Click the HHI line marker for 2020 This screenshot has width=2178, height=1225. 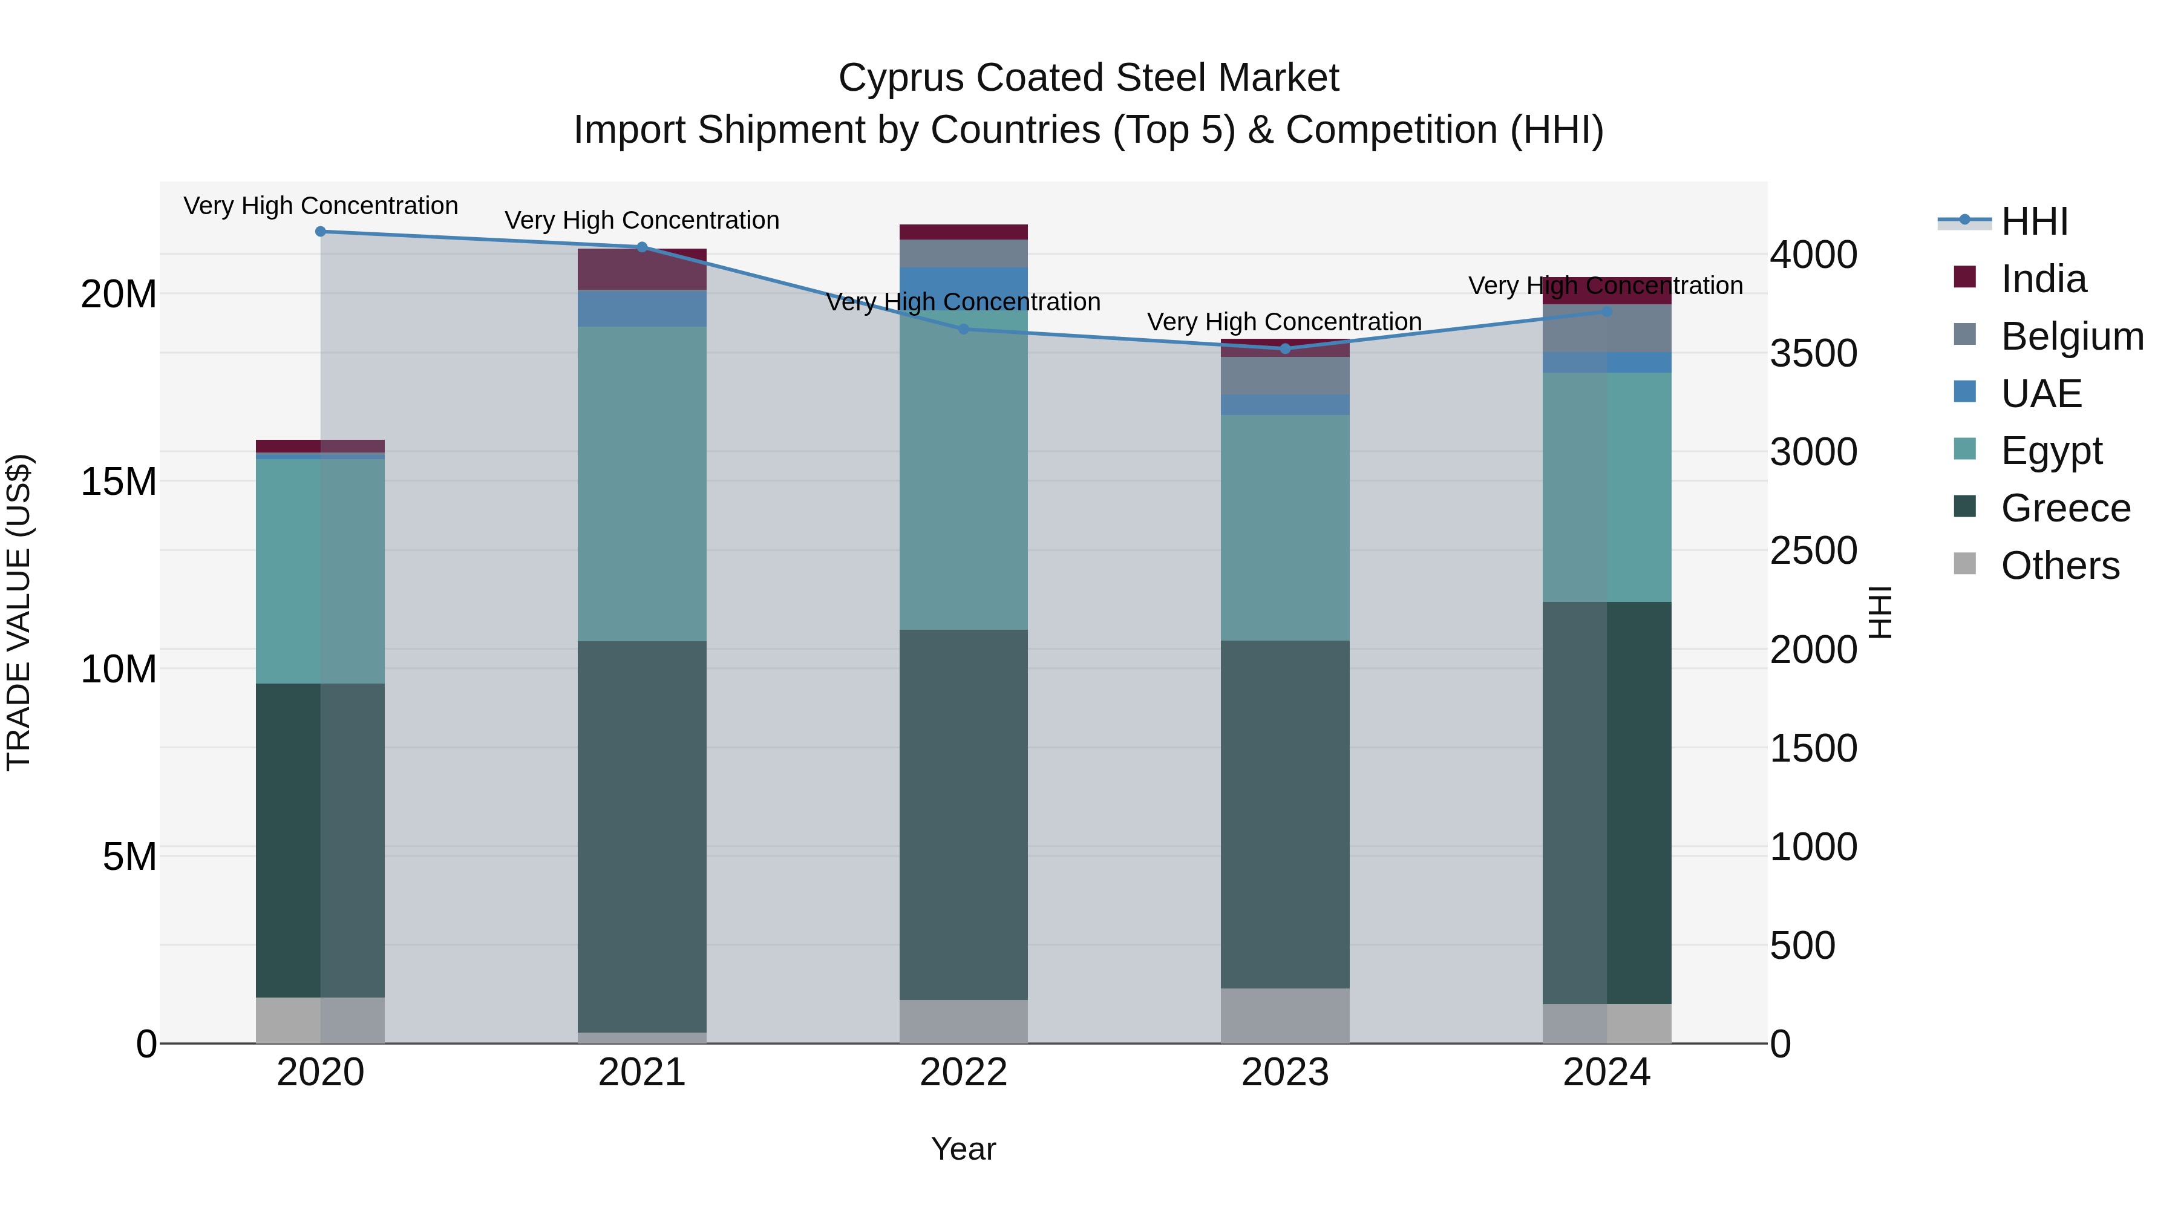pyautogui.click(x=321, y=232)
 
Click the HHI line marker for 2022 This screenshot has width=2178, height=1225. pyautogui.click(x=964, y=329)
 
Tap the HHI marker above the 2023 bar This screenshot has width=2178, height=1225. pyautogui.click(x=1285, y=348)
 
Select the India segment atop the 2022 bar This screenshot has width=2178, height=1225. pyautogui.click(x=964, y=232)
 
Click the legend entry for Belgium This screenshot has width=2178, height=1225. pyautogui.click(x=2072, y=336)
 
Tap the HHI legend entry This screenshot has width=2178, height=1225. pyautogui.click(x=2033, y=221)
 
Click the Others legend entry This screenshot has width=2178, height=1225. pyautogui.click(x=2059, y=566)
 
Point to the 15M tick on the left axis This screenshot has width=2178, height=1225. pyautogui.click(x=119, y=482)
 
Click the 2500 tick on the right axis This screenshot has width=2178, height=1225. pyautogui.click(x=1814, y=550)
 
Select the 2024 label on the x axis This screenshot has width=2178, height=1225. pyautogui.click(x=1606, y=1073)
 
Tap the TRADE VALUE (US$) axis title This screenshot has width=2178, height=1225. pyautogui.click(x=19, y=612)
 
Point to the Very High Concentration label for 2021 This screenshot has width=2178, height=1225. pyautogui.click(x=642, y=221)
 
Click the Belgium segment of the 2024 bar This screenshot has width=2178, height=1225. pyautogui.click(x=1606, y=328)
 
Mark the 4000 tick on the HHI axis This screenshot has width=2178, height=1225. pyautogui.click(x=1814, y=255)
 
